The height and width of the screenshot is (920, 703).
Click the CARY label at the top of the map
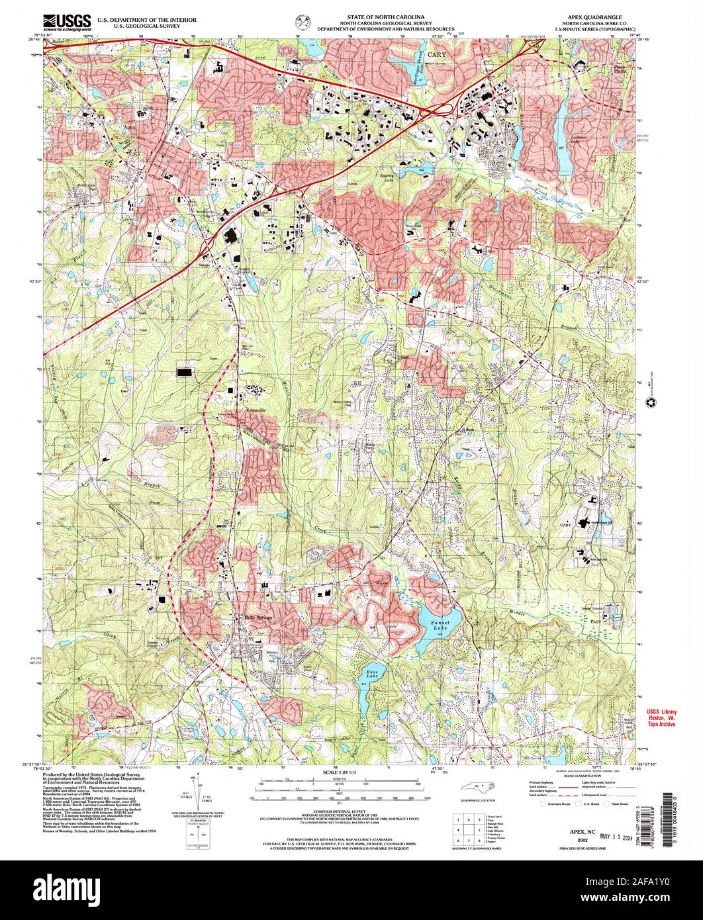tap(432, 48)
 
